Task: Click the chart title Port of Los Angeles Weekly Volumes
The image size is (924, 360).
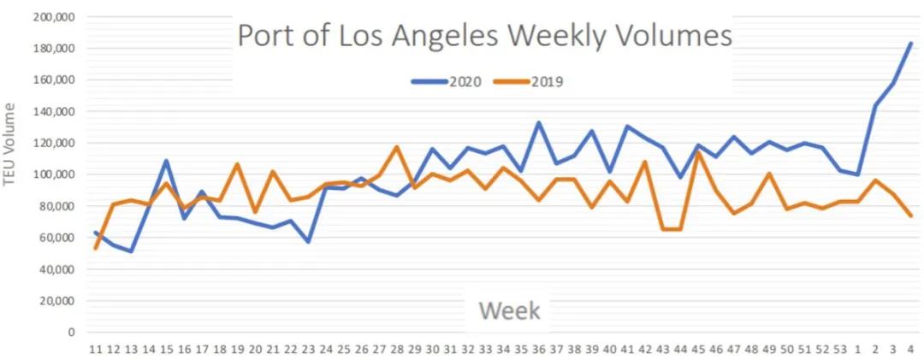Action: pyautogui.click(x=484, y=37)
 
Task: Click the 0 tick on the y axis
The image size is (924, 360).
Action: pyautogui.click(x=72, y=332)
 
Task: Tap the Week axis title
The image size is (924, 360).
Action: pyautogui.click(x=509, y=310)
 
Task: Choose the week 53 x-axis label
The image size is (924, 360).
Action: pyautogui.click(x=840, y=349)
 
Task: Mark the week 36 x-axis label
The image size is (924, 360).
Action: pyautogui.click(x=538, y=349)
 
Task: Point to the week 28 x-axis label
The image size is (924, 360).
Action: pyautogui.click(x=396, y=349)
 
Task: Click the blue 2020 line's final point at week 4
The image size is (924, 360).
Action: pyautogui.click(x=911, y=43)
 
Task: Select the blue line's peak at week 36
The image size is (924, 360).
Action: pyautogui.click(x=538, y=122)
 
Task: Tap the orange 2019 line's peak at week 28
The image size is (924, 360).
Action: pyautogui.click(x=396, y=147)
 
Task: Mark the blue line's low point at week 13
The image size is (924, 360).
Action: pyautogui.click(x=131, y=251)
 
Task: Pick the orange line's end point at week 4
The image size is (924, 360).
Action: pyautogui.click(x=911, y=215)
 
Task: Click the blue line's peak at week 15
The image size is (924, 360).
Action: pyautogui.click(x=166, y=161)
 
